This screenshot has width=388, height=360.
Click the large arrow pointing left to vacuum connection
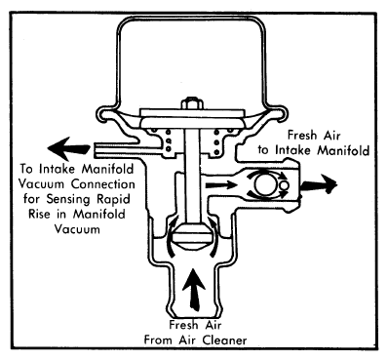coord(68,149)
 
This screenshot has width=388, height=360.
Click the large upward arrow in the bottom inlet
coord(194,289)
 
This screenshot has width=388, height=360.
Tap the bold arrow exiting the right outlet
coord(319,184)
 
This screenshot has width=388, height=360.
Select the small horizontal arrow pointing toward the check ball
coord(221,185)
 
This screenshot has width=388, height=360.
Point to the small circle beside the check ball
coord(284,185)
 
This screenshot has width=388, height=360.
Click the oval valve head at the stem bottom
coord(192,236)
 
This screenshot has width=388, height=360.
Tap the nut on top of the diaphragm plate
coord(192,103)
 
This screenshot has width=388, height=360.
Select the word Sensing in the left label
coord(69,199)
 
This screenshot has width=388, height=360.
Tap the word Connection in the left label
coord(102,184)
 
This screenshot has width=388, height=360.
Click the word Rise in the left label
coord(40,215)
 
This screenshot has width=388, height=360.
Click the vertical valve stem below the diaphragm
coord(192,176)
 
